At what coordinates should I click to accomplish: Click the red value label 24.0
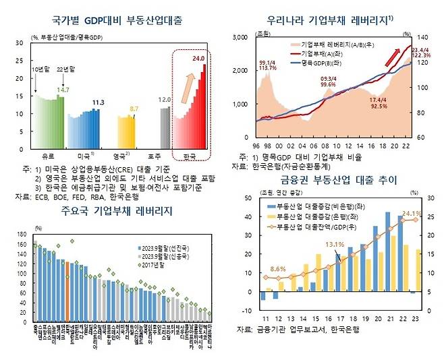[198, 59]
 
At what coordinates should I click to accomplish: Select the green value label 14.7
[63, 90]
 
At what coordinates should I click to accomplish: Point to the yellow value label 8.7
[134, 108]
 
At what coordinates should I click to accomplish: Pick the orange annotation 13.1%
[334, 245]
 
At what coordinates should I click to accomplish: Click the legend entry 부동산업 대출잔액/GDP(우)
[321, 227]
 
